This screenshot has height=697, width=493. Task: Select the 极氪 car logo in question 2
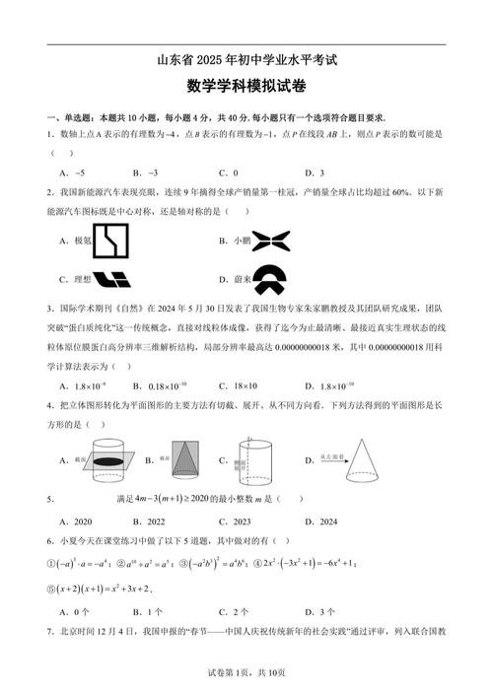pos(111,240)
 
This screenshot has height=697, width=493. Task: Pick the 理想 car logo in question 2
pos(111,278)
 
